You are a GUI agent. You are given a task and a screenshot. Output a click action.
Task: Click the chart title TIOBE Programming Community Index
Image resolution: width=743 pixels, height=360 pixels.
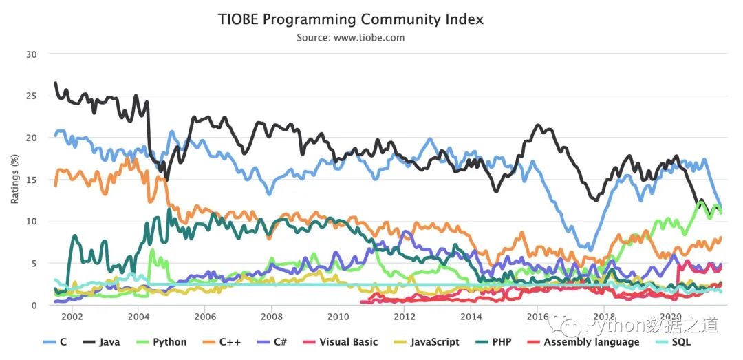(x=351, y=19)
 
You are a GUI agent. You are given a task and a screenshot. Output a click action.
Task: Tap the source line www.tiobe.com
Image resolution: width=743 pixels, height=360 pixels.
(x=351, y=37)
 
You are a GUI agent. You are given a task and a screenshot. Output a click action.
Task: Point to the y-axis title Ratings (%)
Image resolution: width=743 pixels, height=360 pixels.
(x=14, y=178)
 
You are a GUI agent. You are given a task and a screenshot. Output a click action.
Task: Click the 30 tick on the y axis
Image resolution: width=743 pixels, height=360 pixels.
(x=32, y=54)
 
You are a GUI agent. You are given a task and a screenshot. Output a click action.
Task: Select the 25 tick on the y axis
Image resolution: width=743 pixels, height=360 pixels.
(x=32, y=96)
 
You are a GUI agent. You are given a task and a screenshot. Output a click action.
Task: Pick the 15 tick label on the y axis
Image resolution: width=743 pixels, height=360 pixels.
(x=32, y=180)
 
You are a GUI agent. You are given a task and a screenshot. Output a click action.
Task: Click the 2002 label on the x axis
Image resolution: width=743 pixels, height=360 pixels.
(x=72, y=317)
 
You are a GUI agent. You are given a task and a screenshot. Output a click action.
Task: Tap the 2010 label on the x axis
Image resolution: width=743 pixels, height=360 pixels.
(x=338, y=317)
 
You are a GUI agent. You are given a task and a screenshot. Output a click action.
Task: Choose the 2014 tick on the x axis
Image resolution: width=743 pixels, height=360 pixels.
(x=471, y=317)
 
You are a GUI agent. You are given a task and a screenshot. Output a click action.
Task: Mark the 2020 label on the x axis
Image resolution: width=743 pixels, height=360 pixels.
(x=670, y=317)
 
